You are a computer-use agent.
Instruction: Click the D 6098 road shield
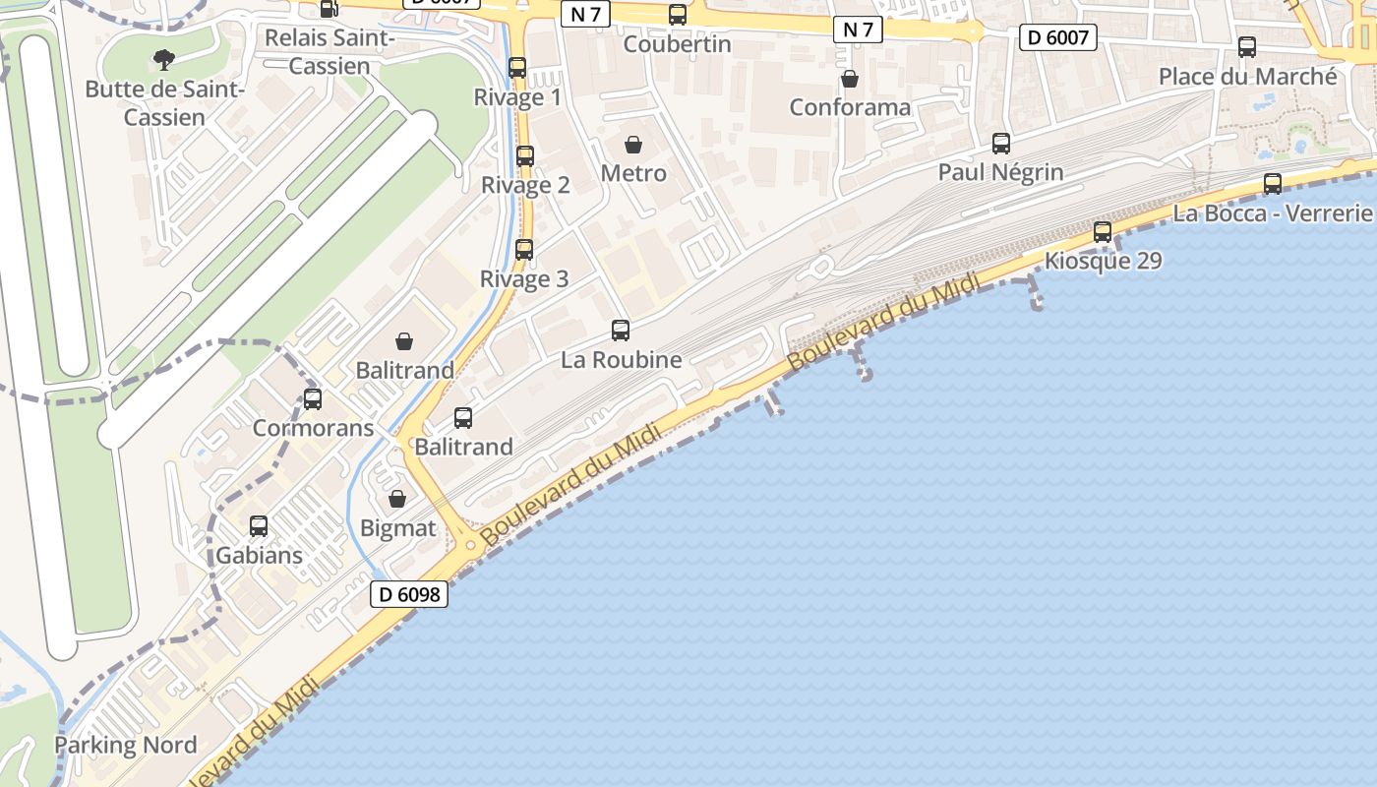click(409, 594)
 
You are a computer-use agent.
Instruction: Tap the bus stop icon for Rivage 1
click(517, 68)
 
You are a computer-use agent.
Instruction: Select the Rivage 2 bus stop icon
click(525, 155)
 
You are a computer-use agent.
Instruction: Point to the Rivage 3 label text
click(524, 279)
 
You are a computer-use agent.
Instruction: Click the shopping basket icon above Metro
click(633, 145)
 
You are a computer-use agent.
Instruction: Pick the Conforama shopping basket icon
click(850, 78)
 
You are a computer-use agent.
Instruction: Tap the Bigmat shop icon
click(397, 499)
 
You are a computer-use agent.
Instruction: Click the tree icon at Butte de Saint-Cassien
click(163, 60)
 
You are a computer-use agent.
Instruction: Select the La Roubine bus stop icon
click(621, 331)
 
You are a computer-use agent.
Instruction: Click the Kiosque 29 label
click(1103, 261)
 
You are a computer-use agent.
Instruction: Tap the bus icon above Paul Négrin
click(1001, 143)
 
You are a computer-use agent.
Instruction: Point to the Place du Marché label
click(1247, 76)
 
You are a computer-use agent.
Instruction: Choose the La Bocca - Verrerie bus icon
click(1273, 183)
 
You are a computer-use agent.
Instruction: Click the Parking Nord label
click(126, 745)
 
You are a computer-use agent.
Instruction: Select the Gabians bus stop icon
click(259, 525)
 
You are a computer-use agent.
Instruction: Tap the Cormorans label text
click(313, 428)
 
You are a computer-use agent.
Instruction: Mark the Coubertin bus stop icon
click(678, 15)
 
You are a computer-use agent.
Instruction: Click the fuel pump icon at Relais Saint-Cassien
click(329, 9)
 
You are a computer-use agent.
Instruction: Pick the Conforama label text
click(850, 107)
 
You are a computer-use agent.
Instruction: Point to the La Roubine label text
click(621, 360)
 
